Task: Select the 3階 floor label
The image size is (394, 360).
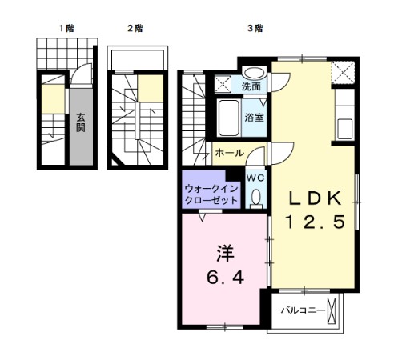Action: pos(255,28)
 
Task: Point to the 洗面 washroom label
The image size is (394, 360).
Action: pos(251,86)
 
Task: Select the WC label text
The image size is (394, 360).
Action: pos(255,178)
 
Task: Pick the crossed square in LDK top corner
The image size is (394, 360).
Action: pos(346,74)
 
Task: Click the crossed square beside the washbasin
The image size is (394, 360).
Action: pos(222,82)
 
